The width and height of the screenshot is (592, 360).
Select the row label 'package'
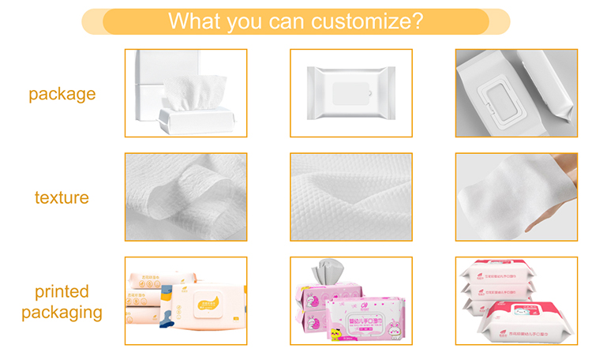click(x=62, y=94)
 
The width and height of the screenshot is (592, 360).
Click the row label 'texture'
click(x=62, y=197)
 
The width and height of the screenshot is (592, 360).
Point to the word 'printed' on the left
click(x=62, y=292)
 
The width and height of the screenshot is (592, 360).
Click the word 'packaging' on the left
click(x=62, y=313)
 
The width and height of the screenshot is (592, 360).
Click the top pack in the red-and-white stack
click(x=505, y=272)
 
